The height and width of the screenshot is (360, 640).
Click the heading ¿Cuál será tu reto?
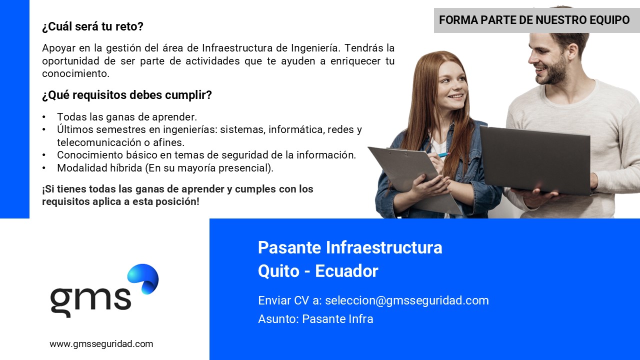click(x=92, y=26)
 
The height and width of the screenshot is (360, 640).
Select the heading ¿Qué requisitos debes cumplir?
click(x=127, y=95)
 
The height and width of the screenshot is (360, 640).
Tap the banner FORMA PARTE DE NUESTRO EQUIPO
click(x=534, y=20)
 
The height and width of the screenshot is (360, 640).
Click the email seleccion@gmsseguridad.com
click(x=407, y=300)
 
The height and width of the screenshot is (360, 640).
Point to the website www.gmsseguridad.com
click(x=101, y=344)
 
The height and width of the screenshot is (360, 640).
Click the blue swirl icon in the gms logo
click(x=143, y=279)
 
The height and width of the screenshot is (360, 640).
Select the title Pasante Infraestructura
click(x=350, y=247)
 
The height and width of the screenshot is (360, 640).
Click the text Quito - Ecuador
click(x=318, y=271)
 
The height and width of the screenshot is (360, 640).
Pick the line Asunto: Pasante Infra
click(x=315, y=319)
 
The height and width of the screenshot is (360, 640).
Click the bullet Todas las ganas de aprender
click(x=127, y=117)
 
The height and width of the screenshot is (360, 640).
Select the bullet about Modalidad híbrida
click(x=165, y=168)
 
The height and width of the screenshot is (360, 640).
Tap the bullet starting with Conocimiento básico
click(x=206, y=155)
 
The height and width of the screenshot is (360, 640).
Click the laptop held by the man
click(x=535, y=160)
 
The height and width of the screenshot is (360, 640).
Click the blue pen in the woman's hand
click(x=443, y=154)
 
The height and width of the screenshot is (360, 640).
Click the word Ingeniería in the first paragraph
click(x=314, y=48)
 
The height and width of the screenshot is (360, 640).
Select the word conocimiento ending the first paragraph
click(x=75, y=73)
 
